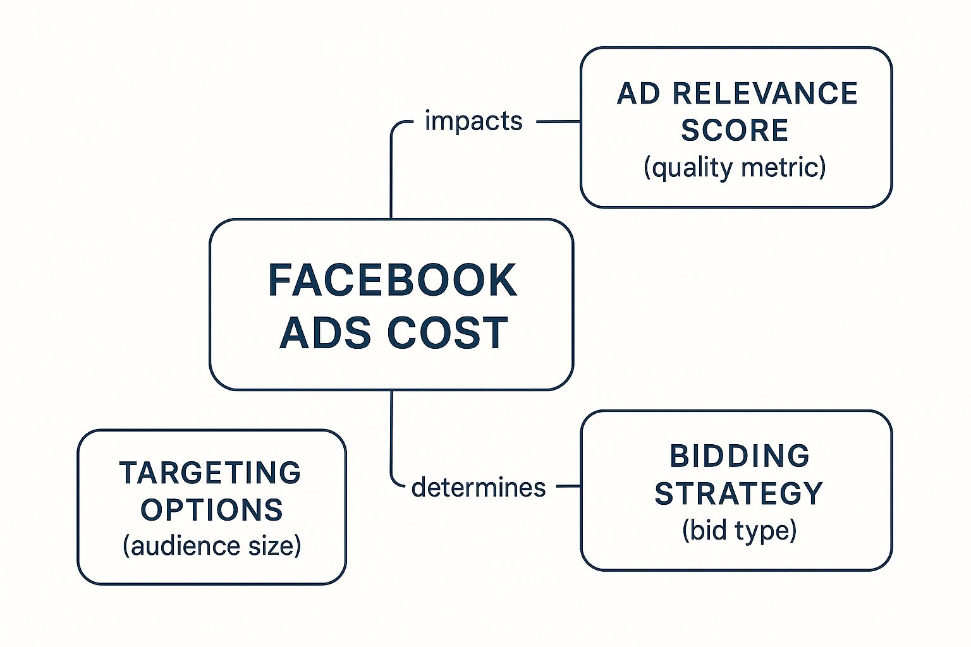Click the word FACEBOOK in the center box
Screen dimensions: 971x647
pos(393,280)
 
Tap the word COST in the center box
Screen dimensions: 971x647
pos(448,333)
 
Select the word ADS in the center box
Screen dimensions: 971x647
pos(326,333)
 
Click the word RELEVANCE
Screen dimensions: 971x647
pos(765,94)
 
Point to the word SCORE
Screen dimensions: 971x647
pos(735,130)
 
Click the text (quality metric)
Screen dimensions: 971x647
pos(735,167)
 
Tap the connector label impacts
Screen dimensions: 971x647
pos(473,121)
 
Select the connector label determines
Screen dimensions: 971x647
pos(478,488)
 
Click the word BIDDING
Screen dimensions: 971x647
pos(740,456)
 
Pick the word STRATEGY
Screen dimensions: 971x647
pos(738,493)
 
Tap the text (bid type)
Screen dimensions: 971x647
pos(740,531)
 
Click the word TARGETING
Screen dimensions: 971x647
pos(211,473)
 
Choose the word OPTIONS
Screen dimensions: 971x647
pos(212,510)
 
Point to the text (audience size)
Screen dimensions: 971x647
pos(212,546)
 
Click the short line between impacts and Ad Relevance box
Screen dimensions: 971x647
pos(558,122)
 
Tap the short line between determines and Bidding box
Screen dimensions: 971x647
pos(569,487)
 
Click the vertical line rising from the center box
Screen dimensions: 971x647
pos(391,173)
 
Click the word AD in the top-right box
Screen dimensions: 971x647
pos(638,94)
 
